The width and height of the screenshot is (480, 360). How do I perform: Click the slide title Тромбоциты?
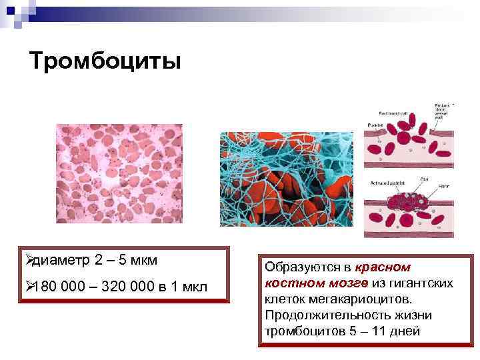[x=105, y=62]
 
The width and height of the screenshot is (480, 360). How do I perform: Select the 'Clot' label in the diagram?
[x=425, y=179]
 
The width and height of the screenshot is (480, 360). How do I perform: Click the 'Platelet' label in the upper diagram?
[x=375, y=125]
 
